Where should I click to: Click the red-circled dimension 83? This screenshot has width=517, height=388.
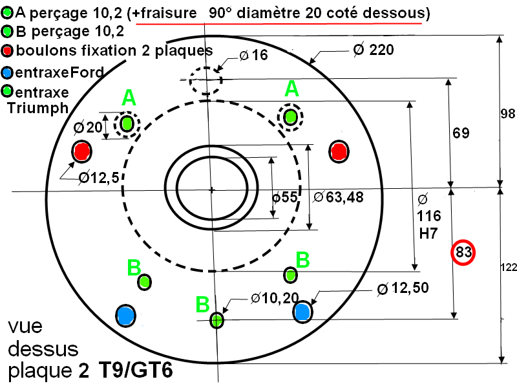pos(463,252)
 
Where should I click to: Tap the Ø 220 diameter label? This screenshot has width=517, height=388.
pos(374,50)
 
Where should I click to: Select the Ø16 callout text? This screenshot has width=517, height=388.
pos(253,55)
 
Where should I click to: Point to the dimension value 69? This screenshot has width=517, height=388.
pos(461,133)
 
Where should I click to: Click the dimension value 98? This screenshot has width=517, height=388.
pos(508,114)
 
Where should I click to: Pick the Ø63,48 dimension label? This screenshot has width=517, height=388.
pos(338,197)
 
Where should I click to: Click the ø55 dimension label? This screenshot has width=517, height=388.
pos(284,197)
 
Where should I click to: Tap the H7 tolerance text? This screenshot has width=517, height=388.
pos(428,233)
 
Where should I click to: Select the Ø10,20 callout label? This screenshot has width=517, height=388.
pos(275,298)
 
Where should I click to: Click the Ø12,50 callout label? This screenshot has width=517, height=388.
pos(403,288)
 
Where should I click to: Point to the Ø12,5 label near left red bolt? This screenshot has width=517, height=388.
pos(99,178)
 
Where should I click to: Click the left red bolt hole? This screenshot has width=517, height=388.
pos(82,151)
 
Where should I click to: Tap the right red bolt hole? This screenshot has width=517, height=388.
pos(339,151)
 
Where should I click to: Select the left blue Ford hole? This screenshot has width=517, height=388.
pos(126,316)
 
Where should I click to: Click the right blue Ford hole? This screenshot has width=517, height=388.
pos(302,312)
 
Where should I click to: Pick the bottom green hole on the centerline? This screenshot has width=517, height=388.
pos(216,319)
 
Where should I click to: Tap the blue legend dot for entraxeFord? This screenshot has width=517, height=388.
pos(7,72)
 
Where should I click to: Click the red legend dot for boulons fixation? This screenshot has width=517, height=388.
pos(7,51)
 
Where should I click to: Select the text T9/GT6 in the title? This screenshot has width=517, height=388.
pos(136,370)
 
